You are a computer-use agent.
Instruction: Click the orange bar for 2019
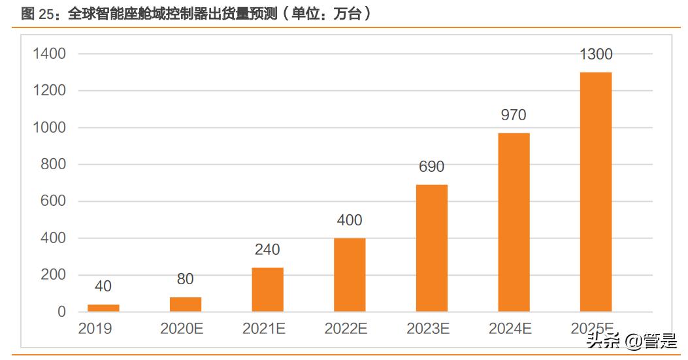pyautogui.click(x=103, y=308)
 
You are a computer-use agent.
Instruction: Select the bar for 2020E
pyautogui.click(x=186, y=304)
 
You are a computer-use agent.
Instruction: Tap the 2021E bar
pyautogui.click(x=267, y=289)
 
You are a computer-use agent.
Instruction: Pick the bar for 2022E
pyautogui.click(x=350, y=274)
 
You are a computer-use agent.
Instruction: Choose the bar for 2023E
pyautogui.click(x=432, y=248)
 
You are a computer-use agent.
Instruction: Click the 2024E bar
pyautogui.click(x=514, y=222)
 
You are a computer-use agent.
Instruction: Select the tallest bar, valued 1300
pyautogui.click(x=596, y=191)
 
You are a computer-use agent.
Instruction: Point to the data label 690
pyautogui.click(x=432, y=167)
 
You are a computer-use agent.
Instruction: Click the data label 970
pyautogui.click(x=514, y=115)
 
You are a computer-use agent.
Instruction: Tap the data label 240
pyautogui.click(x=267, y=250)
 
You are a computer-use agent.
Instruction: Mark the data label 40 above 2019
pyautogui.click(x=103, y=286)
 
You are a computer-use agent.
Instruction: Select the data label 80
pyautogui.click(x=186, y=279)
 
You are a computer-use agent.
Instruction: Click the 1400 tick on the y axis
pyautogui.click(x=50, y=54)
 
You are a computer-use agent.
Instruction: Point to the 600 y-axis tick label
pyautogui.click(x=54, y=201)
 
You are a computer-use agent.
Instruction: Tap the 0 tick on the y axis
pyautogui.click(x=61, y=312)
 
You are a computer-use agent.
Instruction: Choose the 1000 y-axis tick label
pyautogui.click(x=50, y=127)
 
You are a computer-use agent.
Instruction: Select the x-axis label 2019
pyautogui.click(x=95, y=329)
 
